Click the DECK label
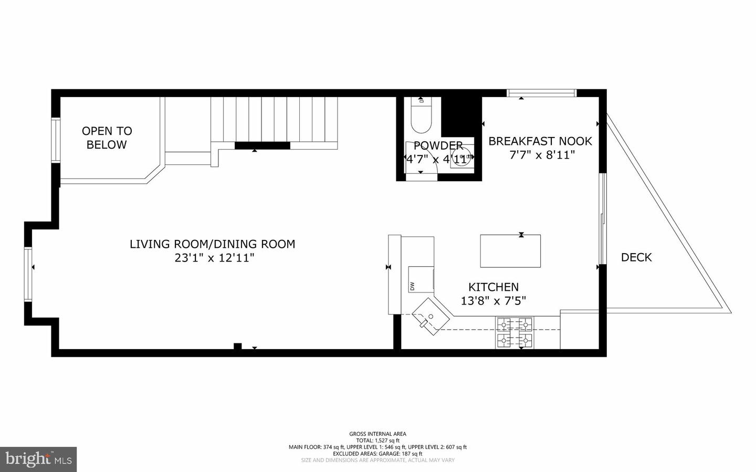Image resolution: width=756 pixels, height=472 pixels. point(636,257)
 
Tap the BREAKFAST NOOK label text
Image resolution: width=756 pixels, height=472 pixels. point(540,141)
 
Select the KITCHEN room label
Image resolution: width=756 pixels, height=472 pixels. point(493,287)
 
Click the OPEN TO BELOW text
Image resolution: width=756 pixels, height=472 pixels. point(107,138)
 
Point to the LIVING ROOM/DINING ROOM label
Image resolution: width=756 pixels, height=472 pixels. point(212,244)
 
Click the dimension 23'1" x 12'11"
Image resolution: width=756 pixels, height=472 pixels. point(214,258)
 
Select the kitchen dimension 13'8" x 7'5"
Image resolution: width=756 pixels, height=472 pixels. point(493,301)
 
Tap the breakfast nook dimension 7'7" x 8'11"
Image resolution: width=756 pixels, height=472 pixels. point(542,155)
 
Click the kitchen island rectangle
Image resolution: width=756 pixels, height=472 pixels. point(510,251)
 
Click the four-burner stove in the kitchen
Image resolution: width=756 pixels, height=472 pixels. point(514,333)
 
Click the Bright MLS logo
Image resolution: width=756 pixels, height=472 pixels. point(38,459)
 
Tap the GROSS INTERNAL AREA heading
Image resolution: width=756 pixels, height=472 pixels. point(377,434)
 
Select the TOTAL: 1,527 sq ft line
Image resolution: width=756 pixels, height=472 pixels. point(377,440)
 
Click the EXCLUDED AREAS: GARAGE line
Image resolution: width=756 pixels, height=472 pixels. point(377,454)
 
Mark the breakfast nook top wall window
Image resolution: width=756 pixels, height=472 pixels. point(541,93)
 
